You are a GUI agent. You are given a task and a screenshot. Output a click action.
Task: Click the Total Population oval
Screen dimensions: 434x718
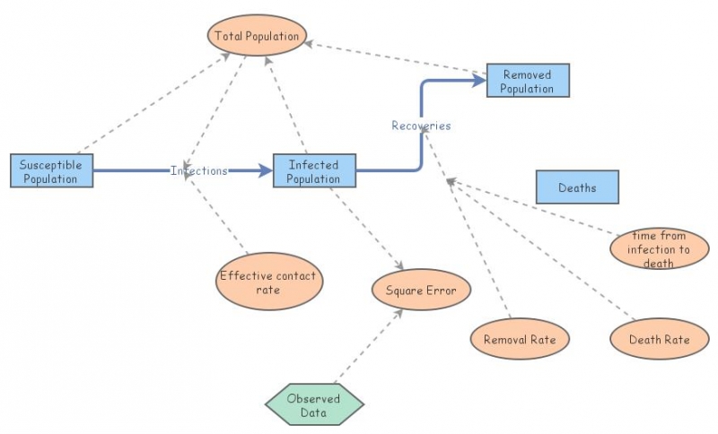tap(258, 36)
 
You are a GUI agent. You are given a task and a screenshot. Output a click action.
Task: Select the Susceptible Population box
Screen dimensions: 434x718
tap(51, 170)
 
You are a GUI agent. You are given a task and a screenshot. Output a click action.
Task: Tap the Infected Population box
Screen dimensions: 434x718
tap(314, 170)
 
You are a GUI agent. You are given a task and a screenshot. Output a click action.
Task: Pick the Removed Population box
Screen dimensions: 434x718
tap(527, 81)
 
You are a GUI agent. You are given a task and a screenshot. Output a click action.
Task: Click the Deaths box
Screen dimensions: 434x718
tap(577, 187)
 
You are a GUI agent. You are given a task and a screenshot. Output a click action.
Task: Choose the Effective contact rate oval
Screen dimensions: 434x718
tap(268, 282)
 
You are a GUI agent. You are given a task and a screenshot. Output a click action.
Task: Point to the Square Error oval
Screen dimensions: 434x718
tap(420, 291)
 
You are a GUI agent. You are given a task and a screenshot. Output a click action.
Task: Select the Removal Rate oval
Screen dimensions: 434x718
tap(520, 339)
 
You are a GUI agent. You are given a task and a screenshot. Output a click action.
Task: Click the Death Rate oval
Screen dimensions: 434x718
tap(659, 339)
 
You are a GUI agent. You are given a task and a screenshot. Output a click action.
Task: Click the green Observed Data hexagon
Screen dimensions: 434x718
tap(314, 405)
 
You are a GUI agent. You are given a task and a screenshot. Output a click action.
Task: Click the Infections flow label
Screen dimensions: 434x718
tap(198, 170)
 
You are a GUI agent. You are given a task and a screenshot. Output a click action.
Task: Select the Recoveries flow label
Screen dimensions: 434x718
tap(421, 126)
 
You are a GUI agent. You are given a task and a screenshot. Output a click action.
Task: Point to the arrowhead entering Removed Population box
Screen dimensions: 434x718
tap(479, 81)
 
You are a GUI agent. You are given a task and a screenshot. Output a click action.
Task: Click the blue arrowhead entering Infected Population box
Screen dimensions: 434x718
tap(266, 170)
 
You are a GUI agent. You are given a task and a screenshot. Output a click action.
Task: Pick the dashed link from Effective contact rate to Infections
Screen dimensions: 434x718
tap(215, 215)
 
